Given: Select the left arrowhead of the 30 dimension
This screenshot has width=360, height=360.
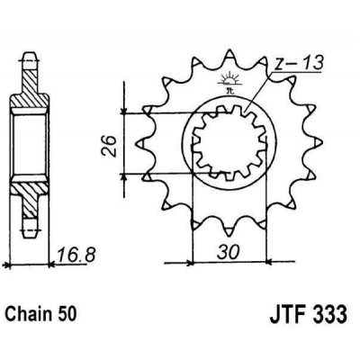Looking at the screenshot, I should click(x=191, y=263).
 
